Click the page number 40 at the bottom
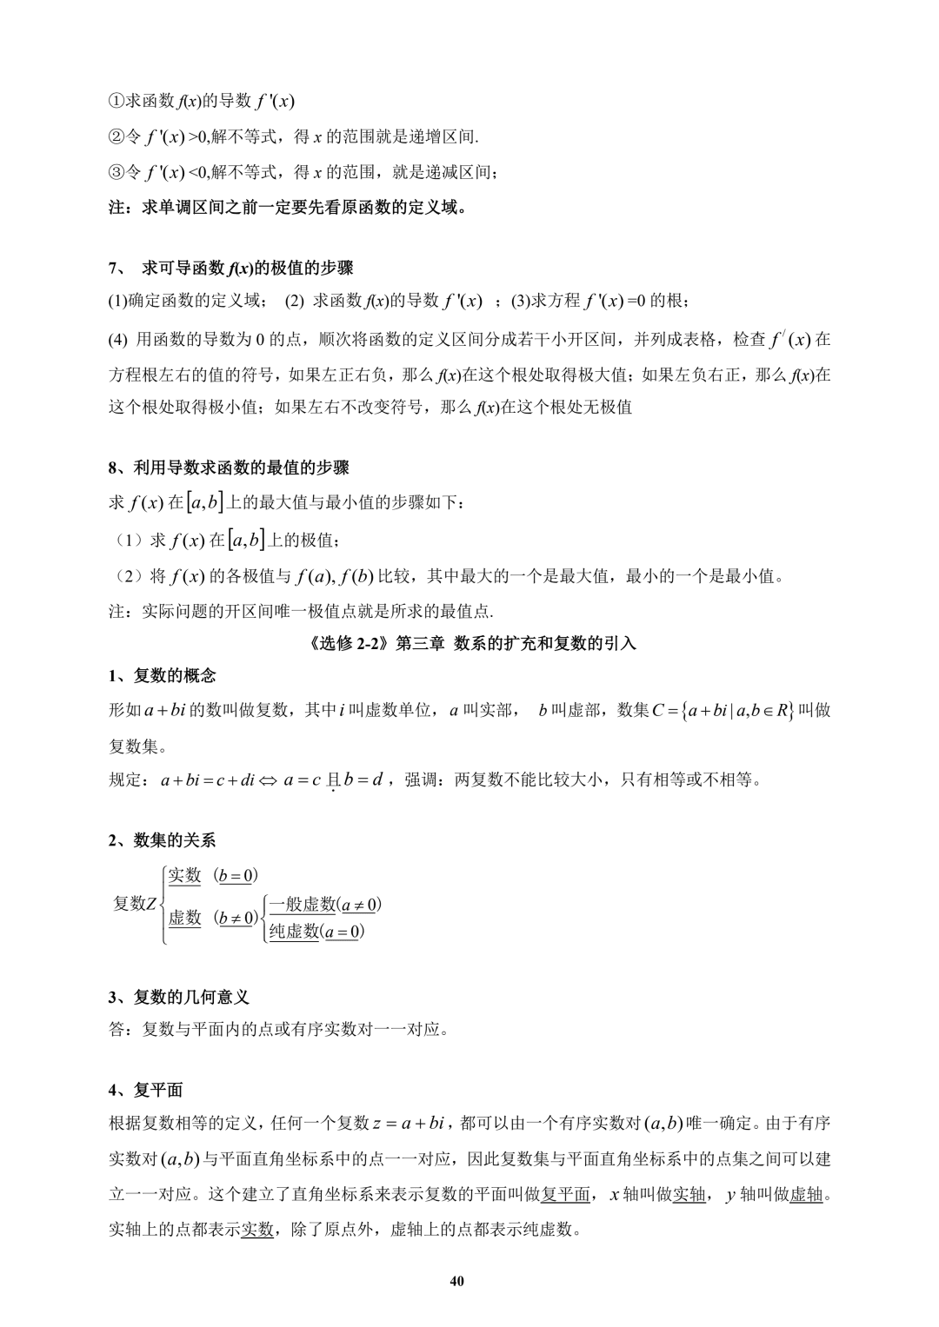click(458, 1282)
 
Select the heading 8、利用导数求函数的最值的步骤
click(229, 468)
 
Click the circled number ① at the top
click(117, 101)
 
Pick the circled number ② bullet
click(117, 136)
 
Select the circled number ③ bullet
click(117, 172)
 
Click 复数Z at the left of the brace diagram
click(135, 904)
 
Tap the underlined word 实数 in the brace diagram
click(184, 875)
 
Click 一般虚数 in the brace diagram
click(303, 905)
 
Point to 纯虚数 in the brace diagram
click(294, 932)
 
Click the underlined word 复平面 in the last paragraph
click(565, 1195)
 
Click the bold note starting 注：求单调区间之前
click(287, 209)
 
